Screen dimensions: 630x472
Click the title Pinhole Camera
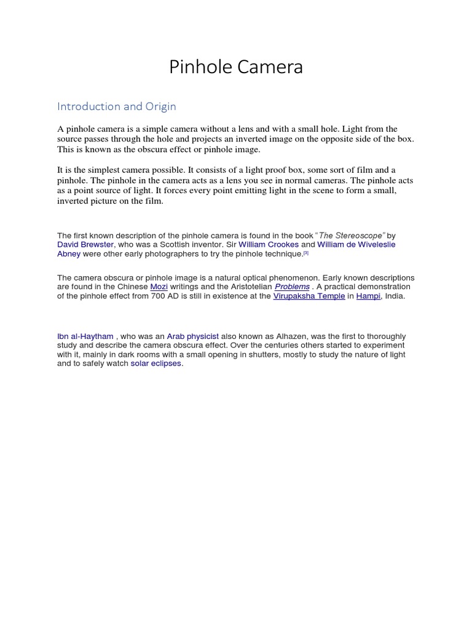pos(236,67)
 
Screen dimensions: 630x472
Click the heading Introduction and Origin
pos(117,106)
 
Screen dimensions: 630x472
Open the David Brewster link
pos(85,244)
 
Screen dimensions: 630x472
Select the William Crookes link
pos(268,244)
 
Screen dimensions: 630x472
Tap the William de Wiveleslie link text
pos(356,244)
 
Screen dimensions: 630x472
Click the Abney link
pos(69,253)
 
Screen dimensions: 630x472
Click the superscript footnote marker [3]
pos(305,252)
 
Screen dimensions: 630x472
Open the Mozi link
pos(159,287)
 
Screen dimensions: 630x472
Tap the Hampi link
pos(369,296)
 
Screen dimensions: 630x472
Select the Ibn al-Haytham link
pos(85,336)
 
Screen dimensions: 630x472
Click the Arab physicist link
pos(192,336)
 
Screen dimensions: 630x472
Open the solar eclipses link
pos(156,363)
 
